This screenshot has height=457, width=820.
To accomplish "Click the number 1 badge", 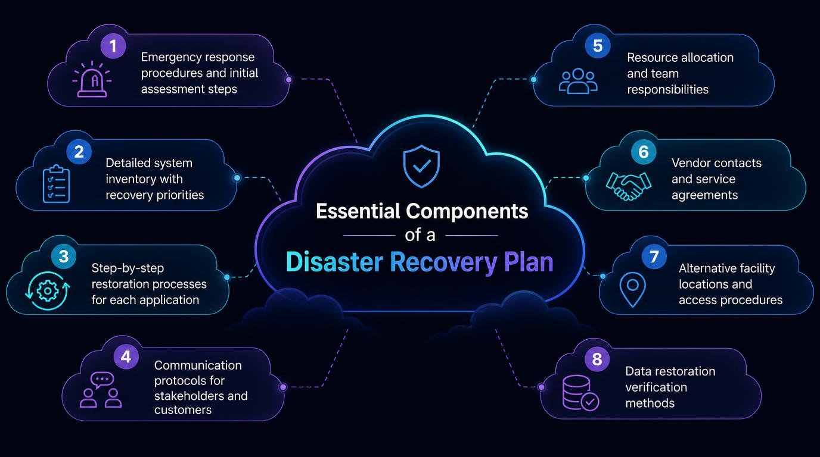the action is point(113,46).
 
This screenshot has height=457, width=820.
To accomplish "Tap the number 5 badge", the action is point(598,46).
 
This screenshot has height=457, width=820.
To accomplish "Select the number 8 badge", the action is point(597,359).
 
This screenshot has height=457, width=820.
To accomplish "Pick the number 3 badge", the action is point(64,256).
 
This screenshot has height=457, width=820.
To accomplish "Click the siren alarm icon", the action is point(92,79).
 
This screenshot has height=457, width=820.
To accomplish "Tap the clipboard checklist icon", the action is point(56,183).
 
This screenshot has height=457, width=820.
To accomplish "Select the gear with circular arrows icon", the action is point(48,291).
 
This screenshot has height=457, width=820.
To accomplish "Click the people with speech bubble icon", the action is point(101,390).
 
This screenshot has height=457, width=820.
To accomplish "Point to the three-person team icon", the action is point(578,81).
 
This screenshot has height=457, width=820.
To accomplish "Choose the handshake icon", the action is point(628,186).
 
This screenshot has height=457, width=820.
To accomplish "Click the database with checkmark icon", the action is point(580,393).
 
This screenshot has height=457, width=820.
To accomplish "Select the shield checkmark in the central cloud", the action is point(421,167).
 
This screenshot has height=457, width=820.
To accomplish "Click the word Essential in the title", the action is point(358,211).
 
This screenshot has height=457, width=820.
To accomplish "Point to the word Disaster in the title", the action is point(334,262).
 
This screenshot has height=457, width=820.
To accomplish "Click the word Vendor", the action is point(692,162).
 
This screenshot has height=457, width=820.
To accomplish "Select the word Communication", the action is point(198,365).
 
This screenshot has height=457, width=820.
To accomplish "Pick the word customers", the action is point(183,410).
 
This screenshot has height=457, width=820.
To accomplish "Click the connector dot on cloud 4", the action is point(283,387).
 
